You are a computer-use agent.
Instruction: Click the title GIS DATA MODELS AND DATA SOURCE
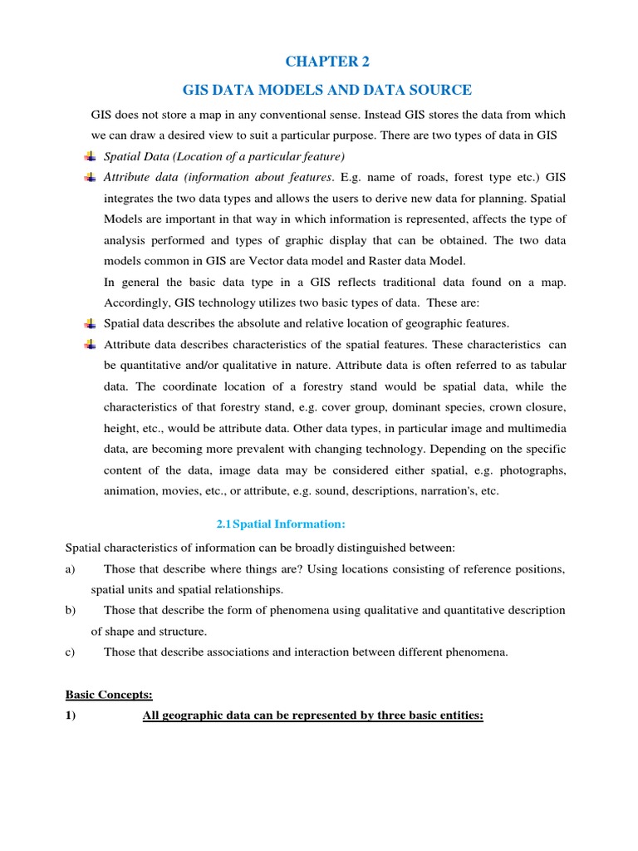(x=328, y=90)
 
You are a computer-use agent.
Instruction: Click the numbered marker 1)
(x=71, y=716)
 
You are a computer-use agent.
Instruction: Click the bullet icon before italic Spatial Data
(x=91, y=156)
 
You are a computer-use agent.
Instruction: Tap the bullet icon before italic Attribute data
(x=91, y=177)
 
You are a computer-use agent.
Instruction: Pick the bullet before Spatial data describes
(x=91, y=323)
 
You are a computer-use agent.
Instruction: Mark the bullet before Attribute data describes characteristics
(x=91, y=344)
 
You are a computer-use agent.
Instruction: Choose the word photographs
(x=530, y=470)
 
